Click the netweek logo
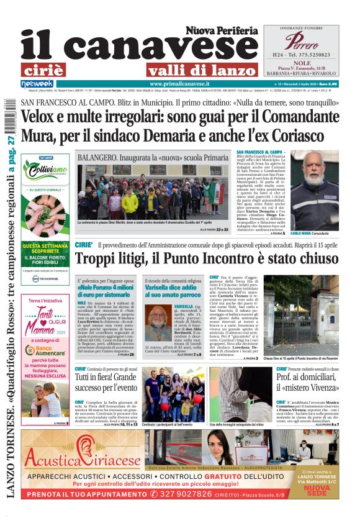pyautogui.click(x=37, y=83)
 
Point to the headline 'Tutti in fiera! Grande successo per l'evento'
pyautogui.click(x=107, y=381)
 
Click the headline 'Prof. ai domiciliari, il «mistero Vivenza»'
pyautogui.click(x=315, y=381)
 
